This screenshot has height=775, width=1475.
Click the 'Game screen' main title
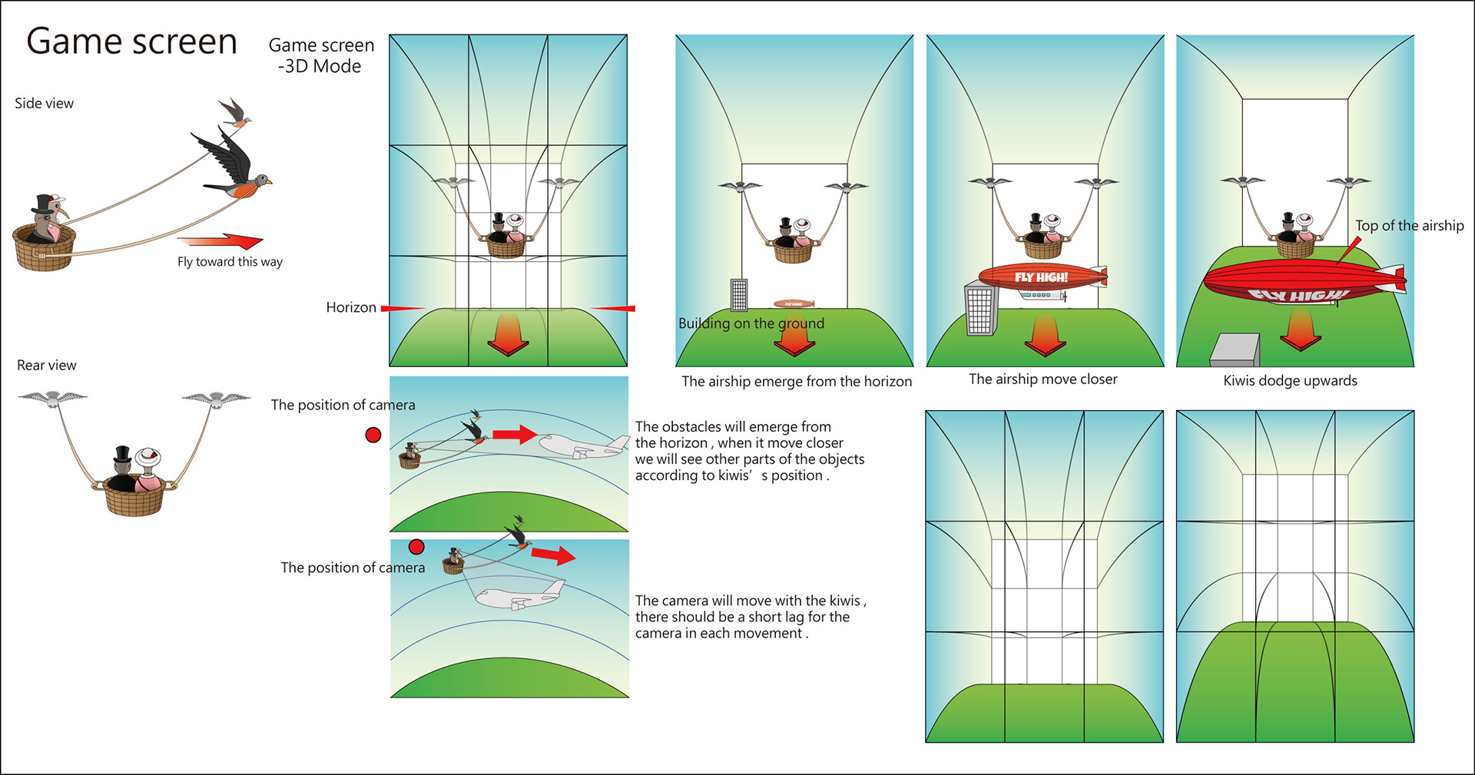(131, 41)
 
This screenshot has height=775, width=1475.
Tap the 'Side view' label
(44, 104)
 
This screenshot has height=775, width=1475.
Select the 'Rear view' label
(46, 366)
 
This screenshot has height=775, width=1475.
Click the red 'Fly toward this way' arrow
(223, 240)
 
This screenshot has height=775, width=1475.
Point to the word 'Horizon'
(351, 307)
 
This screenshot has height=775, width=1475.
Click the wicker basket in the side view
(44, 247)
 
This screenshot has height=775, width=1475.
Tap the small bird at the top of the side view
(235, 112)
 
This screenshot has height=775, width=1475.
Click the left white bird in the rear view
(52, 398)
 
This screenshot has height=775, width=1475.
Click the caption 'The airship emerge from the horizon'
(797, 382)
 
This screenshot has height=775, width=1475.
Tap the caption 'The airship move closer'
(1042, 379)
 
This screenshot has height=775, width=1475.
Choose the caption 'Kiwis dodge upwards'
(1290, 381)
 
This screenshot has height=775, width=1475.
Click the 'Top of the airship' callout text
(1409, 226)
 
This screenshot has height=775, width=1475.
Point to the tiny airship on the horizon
(794, 304)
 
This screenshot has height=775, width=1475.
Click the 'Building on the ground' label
(751, 323)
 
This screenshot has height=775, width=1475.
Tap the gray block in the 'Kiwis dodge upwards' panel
(1235, 349)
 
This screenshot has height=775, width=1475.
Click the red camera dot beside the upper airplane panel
(373, 436)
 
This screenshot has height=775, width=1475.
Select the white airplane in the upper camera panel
(581, 446)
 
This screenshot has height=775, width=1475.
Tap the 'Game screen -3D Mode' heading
(321, 55)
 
